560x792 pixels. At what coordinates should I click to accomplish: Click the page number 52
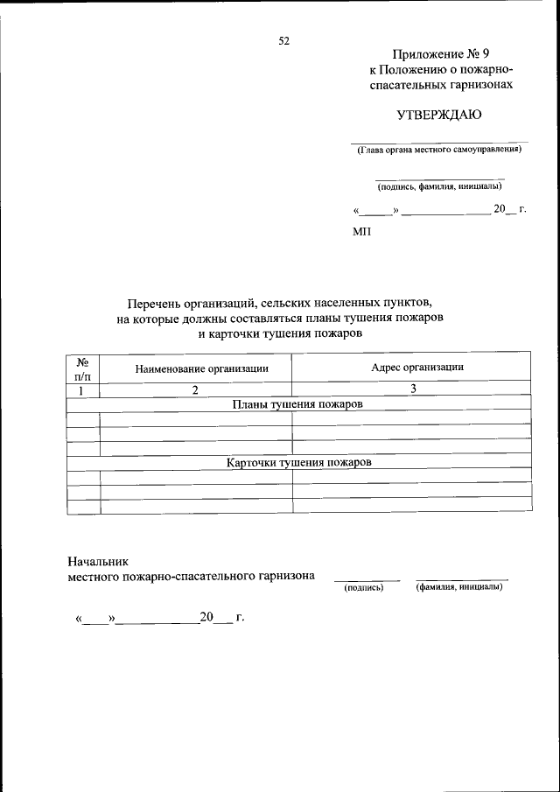click(x=283, y=40)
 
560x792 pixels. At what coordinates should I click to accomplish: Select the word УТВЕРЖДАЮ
click(x=439, y=115)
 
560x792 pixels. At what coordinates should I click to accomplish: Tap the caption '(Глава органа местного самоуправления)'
click(x=438, y=150)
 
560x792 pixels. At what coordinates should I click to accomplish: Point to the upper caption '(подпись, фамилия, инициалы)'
click(x=439, y=186)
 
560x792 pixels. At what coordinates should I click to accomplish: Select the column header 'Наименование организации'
click(x=201, y=368)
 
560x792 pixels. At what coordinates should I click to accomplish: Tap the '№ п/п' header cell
click(x=84, y=368)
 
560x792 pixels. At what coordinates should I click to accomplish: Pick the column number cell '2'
click(x=196, y=389)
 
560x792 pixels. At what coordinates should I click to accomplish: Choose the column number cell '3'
click(x=411, y=389)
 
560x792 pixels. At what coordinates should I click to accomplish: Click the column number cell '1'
click(x=82, y=389)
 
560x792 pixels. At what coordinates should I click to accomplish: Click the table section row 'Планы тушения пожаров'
click(x=297, y=404)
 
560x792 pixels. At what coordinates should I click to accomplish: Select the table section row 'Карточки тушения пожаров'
click(x=297, y=462)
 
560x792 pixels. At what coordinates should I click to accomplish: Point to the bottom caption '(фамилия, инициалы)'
click(x=459, y=586)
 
